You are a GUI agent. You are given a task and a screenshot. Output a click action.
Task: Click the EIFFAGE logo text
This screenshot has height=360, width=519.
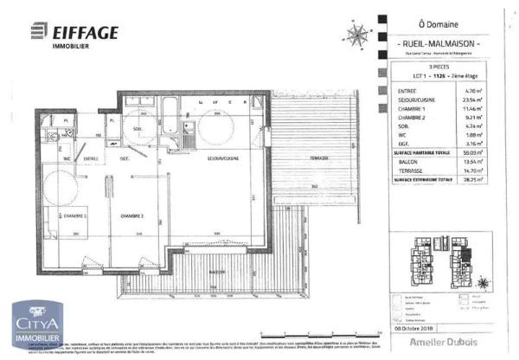[x=86, y=32]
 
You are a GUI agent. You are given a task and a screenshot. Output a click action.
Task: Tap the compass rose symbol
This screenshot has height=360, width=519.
[x=356, y=35]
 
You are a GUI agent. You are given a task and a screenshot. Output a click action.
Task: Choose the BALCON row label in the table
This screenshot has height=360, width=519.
[x=405, y=162]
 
